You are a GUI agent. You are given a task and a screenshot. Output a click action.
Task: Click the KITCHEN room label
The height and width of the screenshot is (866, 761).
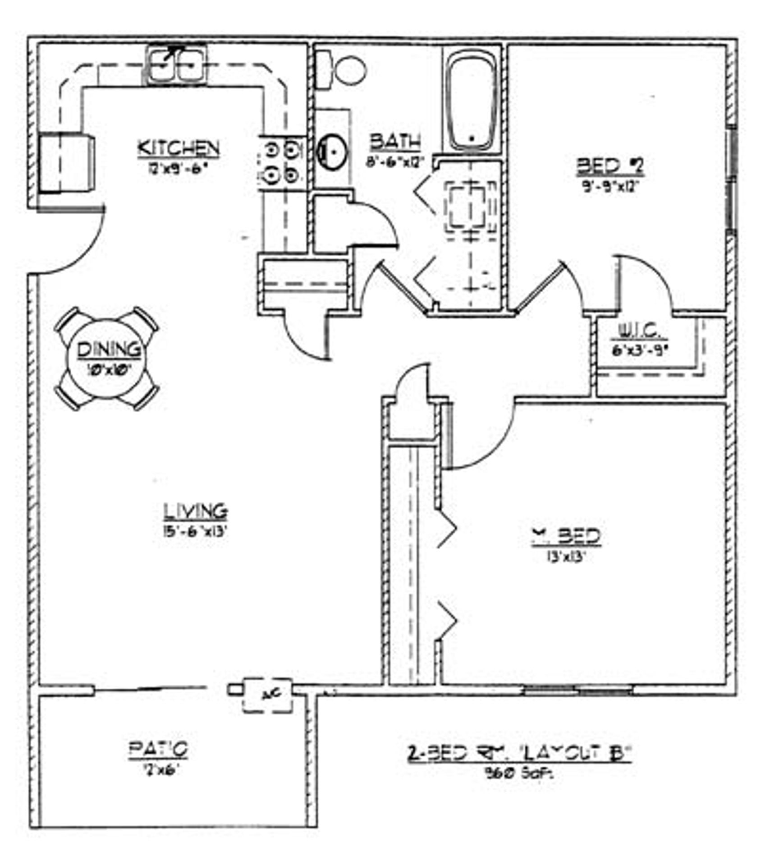click(178, 148)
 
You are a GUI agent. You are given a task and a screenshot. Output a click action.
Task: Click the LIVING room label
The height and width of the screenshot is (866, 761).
click(195, 511)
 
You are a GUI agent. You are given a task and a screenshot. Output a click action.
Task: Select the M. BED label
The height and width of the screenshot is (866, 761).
click(566, 536)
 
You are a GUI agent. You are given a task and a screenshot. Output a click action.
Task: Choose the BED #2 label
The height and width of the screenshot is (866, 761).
click(610, 166)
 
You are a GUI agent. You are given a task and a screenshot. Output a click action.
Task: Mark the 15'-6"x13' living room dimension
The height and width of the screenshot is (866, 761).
click(194, 531)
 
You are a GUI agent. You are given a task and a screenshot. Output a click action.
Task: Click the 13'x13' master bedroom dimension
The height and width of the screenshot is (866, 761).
click(566, 557)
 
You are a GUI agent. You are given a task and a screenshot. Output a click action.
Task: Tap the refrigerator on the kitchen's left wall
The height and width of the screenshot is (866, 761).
click(67, 163)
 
